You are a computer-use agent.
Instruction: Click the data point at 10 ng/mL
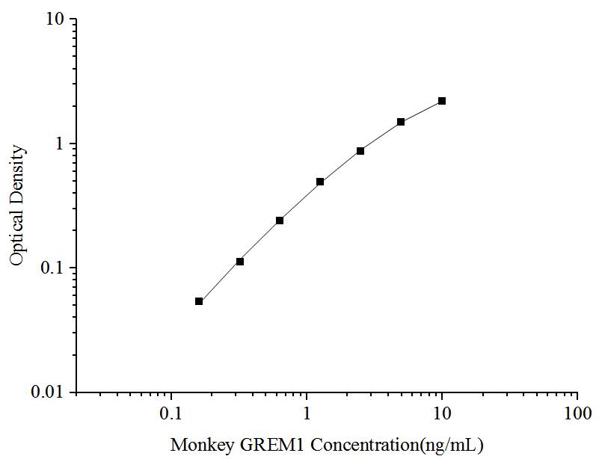pyautogui.click(x=442, y=101)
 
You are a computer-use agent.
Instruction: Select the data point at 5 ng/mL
pyautogui.click(x=401, y=122)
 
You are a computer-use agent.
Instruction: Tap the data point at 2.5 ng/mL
pyautogui.click(x=360, y=151)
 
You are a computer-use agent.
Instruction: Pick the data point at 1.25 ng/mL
pyautogui.click(x=320, y=182)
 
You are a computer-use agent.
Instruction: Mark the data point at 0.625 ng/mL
pyautogui.click(x=280, y=221)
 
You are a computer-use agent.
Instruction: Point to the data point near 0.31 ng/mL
pyautogui.click(x=240, y=262)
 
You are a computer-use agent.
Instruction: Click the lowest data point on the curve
pyautogui.click(x=199, y=301)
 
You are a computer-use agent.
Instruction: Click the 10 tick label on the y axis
pyautogui.click(x=55, y=19)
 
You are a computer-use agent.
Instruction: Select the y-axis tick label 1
pyautogui.click(x=61, y=144)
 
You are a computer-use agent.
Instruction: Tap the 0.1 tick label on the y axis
pyautogui.click(x=54, y=268)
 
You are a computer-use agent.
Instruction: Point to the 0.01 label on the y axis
pyautogui.click(x=50, y=392)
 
